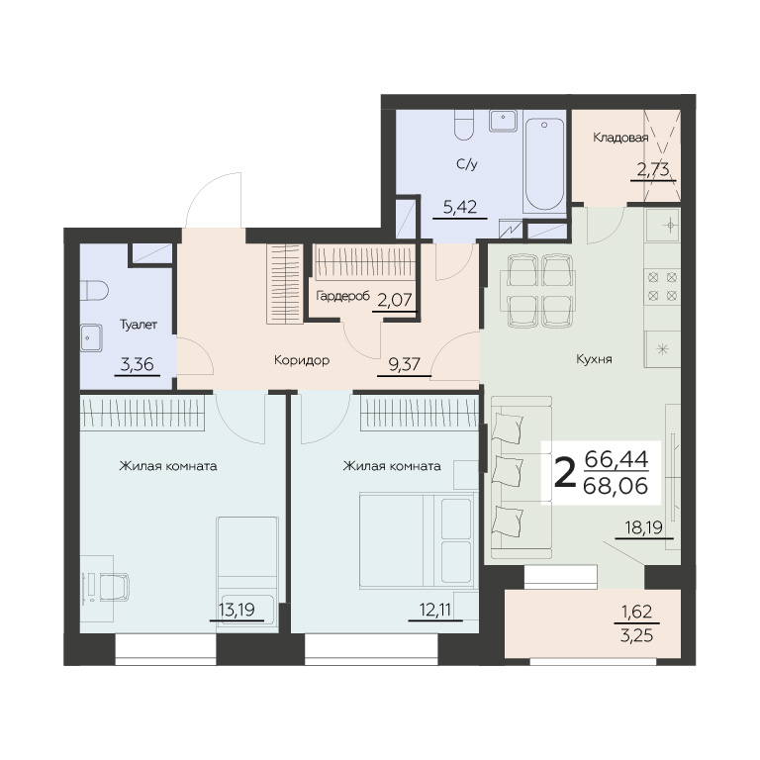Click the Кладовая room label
620,139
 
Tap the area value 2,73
653,169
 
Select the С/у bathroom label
467,165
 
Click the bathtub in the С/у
544,164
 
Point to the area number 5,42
460,208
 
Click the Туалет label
139,325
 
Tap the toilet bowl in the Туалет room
94,290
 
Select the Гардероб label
342,296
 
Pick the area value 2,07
395,301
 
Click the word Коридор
302,360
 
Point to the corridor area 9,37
404,364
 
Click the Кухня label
594,359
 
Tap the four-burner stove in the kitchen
662,286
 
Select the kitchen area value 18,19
643,527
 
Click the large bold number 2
565,474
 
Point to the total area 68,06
616,485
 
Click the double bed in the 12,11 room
418,540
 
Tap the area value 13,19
237,610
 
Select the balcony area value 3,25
636,635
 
